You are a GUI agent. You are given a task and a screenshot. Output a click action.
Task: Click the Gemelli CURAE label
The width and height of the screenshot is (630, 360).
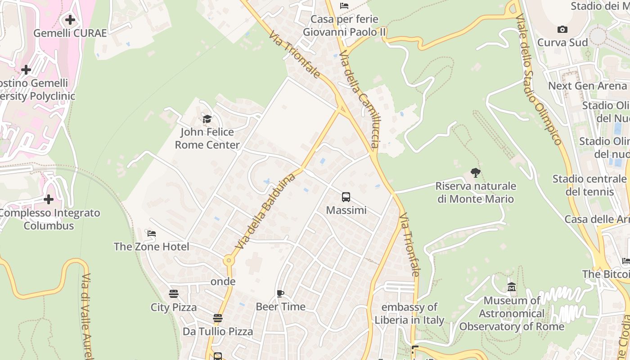70,33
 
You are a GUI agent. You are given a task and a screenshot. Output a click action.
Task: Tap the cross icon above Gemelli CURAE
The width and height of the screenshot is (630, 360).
70,20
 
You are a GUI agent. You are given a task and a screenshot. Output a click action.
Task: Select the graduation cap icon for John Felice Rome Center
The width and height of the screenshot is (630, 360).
207,119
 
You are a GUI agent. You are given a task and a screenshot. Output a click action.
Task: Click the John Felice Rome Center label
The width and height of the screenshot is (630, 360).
207,139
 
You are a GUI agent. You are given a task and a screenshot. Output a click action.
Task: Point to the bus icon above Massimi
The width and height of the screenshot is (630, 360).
346,197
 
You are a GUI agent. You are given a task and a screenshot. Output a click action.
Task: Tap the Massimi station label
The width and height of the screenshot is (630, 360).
346,210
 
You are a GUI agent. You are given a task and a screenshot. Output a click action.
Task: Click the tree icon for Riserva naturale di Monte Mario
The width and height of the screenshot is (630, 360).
475,173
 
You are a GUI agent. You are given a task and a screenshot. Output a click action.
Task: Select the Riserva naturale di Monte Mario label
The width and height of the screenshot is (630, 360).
476,192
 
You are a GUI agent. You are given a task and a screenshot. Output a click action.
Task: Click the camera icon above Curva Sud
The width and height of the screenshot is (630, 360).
562,30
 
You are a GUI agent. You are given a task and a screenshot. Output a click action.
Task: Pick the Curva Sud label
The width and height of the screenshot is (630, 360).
562,42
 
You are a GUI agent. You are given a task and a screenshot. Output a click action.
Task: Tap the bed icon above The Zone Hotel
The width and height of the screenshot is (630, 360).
152,234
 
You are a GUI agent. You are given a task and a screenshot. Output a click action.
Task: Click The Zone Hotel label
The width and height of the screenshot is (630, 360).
151,247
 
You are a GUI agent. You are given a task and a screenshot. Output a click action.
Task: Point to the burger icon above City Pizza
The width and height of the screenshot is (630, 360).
174,294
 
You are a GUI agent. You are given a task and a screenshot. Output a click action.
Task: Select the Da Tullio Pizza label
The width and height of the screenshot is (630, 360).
218,332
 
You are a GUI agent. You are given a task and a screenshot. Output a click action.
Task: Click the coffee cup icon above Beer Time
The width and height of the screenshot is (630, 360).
280,294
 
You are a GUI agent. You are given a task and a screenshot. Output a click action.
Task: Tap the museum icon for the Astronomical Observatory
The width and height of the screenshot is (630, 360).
512,287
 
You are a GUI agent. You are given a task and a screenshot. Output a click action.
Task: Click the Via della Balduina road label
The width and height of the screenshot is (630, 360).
265,211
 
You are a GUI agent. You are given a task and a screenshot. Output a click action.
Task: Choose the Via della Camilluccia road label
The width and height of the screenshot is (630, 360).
360,99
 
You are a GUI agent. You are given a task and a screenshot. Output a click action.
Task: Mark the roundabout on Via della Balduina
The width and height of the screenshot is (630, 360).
229,260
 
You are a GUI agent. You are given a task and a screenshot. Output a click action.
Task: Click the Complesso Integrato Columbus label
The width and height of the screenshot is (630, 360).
49,219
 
